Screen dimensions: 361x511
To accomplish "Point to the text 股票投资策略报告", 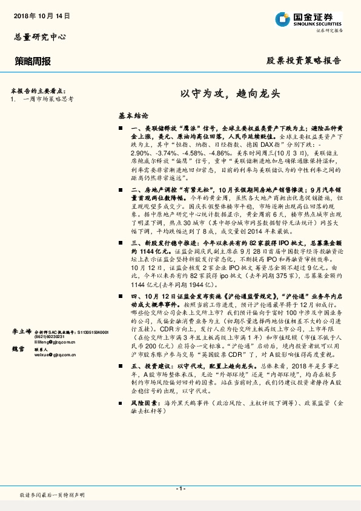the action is pos(304,61).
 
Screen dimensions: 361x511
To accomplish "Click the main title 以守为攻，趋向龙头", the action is pos(230,94).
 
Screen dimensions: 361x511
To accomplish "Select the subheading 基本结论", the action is pos(133,115).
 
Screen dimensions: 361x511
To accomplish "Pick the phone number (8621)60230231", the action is pos(48,337).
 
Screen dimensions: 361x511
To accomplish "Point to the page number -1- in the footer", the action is pos(180,489).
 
